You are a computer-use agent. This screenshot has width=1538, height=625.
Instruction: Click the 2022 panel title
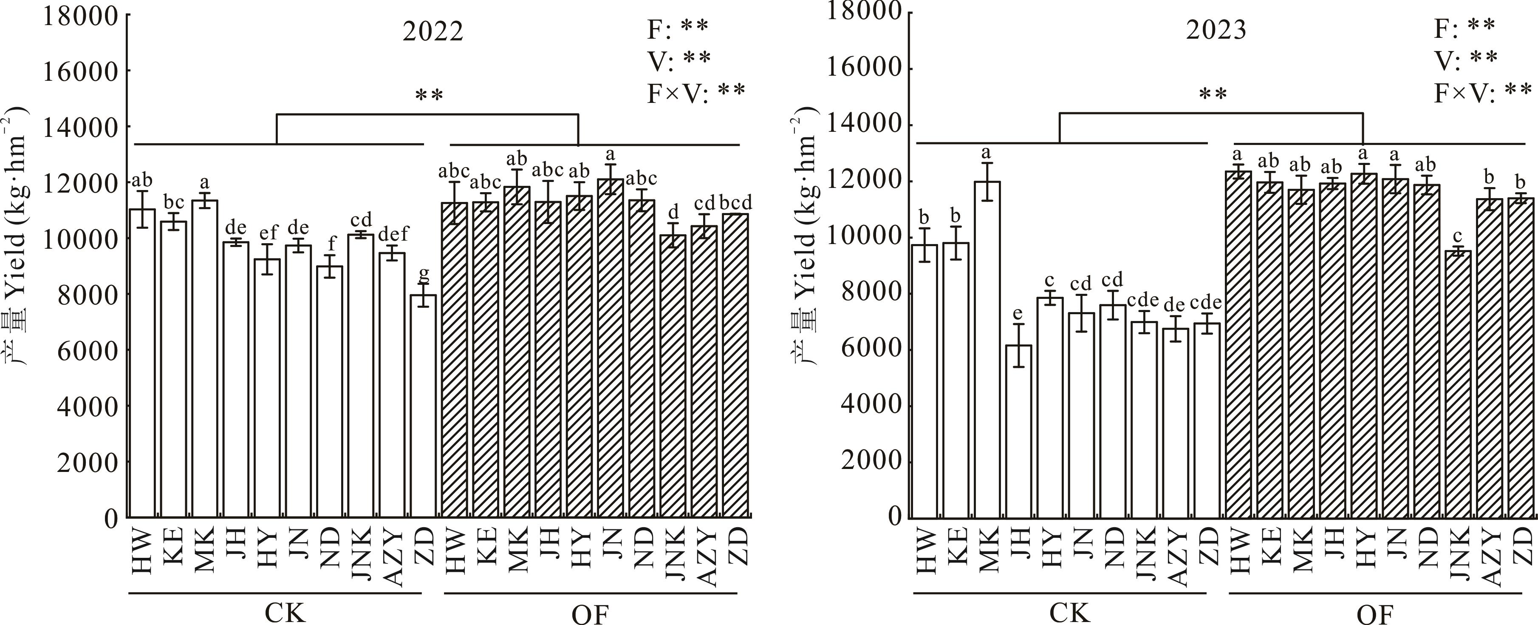tap(433, 31)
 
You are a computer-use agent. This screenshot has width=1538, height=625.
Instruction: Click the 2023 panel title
tap(1216, 30)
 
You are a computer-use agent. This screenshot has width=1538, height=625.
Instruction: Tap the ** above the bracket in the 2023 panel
tap(1213, 94)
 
